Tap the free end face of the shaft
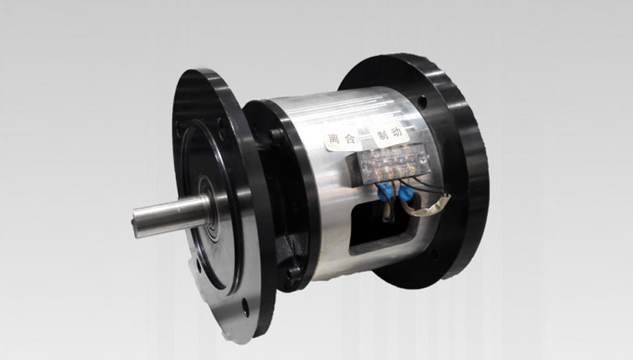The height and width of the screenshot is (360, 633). point(137,223)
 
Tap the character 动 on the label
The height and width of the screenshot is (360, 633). point(398,132)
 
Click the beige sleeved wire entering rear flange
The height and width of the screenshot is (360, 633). point(428,207)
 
